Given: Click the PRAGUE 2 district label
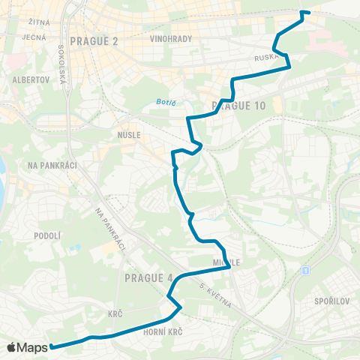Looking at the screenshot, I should pyautogui.click(x=93, y=40).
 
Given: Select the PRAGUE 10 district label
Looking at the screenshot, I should pyautogui.click(x=238, y=106).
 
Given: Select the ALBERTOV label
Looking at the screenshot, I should pyautogui.click(x=29, y=79).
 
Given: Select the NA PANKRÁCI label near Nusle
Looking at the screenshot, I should pyautogui.click(x=48, y=164).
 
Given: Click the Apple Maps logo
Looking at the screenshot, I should pyautogui.click(x=27, y=347).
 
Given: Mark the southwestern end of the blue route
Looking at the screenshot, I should pyautogui.click(x=52, y=346).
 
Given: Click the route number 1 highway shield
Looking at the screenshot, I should pyautogui.click(x=306, y=270).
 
